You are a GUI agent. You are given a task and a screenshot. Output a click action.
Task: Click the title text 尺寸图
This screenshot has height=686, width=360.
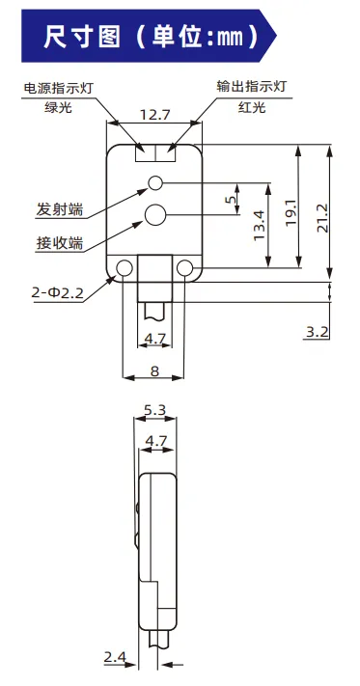click(82, 37)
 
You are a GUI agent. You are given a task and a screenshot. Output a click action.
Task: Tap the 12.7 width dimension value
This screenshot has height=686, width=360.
click(154, 115)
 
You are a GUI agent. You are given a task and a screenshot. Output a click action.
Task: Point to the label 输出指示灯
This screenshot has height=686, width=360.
click(252, 86)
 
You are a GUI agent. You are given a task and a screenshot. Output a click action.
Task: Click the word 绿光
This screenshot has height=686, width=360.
click(58, 107)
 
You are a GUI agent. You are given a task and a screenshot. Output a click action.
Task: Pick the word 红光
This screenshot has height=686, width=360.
click(252, 107)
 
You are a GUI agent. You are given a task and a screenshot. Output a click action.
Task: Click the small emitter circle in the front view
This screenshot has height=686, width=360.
click(154, 183)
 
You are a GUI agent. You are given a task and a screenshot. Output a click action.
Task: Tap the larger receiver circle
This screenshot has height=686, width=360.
click(154, 215)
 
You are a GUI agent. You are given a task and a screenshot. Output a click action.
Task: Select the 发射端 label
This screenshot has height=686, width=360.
click(60, 209)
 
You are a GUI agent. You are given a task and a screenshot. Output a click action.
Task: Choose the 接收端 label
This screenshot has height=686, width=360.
click(60, 243)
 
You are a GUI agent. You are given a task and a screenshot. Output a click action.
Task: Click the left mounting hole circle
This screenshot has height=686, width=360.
click(125, 268)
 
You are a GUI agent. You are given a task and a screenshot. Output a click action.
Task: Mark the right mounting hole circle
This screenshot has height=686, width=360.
click(184, 268)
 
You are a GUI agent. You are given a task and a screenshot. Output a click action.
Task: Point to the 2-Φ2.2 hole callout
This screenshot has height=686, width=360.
click(57, 292)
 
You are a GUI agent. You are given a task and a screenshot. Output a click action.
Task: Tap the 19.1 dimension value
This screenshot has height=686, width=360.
click(291, 212)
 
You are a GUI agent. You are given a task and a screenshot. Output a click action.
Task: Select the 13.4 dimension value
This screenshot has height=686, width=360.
click(260, 225)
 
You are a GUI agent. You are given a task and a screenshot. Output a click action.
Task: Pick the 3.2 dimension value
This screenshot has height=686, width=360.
click(318, 332)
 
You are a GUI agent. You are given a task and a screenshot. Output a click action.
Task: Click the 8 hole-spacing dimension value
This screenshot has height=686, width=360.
click(154, 371)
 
